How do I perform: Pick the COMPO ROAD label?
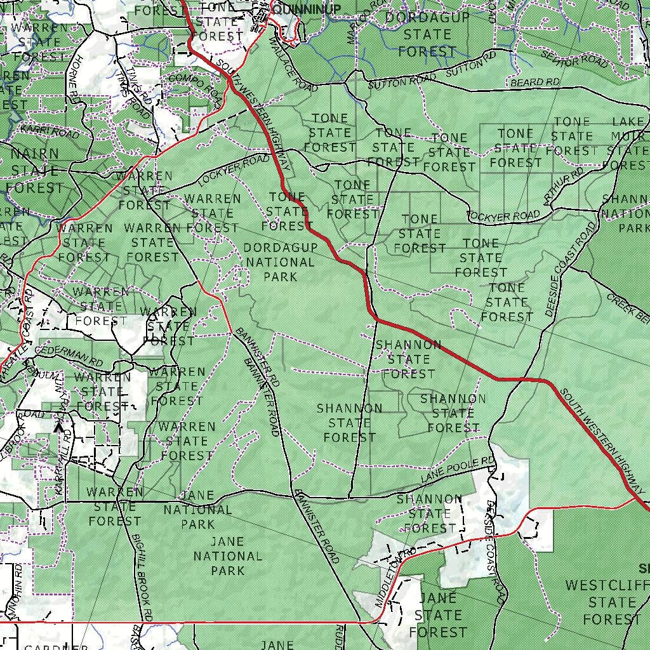[x=196, y=88]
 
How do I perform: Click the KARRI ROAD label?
[x=50, y=131]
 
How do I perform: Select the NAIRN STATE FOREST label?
[x=36, y=171]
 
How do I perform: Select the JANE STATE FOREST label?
[x=438, y=614]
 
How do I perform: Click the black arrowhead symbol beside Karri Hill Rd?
[x=59, y=428]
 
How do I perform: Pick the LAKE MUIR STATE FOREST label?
[x=629, y=143]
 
